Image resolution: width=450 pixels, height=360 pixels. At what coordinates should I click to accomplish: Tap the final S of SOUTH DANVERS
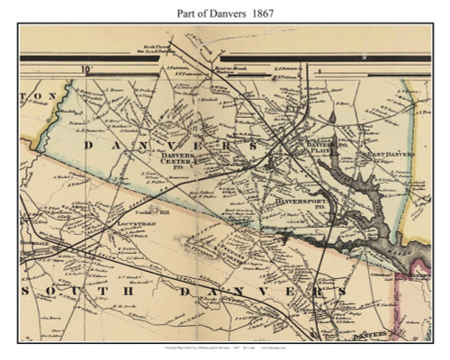pos(342,294)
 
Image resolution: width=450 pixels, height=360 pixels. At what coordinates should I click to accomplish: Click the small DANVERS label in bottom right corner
pos(377,335)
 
